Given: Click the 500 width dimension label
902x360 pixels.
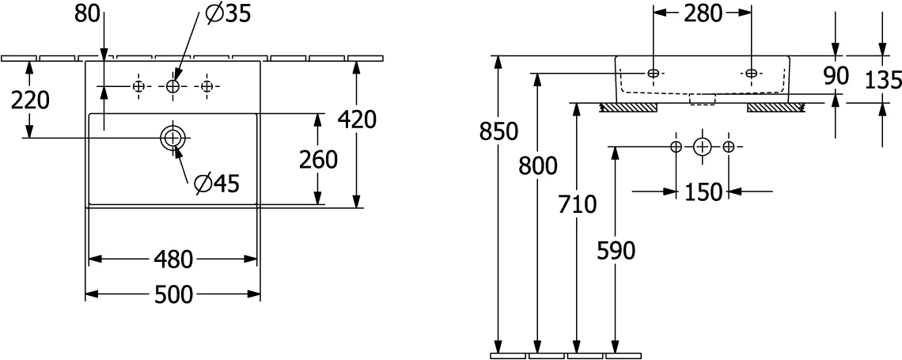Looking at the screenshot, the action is pos(173,295).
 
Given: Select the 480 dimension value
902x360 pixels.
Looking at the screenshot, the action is pos(172,260).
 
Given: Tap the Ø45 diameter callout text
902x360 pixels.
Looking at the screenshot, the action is pos(216,184).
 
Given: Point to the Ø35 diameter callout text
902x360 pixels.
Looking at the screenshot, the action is pos(228,13).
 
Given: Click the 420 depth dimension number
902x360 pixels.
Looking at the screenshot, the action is pos(357,119).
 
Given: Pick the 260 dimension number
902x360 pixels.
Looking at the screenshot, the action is pos(318,160).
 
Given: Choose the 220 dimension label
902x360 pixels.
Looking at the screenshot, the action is pos(31,100).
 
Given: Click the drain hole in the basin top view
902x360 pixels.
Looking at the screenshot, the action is pos(173,138).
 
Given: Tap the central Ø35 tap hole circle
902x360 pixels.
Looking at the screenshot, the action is pos(173,86).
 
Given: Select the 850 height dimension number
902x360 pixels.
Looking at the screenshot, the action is pos(499,131).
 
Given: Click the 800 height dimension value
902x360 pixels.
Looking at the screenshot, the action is pos(538,166).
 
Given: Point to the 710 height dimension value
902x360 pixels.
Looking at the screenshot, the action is pos(577,203).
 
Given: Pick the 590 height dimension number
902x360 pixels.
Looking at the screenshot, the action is pos(616,251).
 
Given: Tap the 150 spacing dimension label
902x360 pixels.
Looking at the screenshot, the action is pos(703,192).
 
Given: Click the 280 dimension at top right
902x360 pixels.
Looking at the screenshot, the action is pos(703,14).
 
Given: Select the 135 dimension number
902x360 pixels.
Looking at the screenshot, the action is pos(882,81).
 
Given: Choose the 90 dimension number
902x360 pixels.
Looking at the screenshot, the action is pos(836,75).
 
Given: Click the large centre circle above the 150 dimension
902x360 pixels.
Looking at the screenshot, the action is pos(702,146).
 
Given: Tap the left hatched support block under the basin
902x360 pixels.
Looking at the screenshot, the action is pos(629,108).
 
